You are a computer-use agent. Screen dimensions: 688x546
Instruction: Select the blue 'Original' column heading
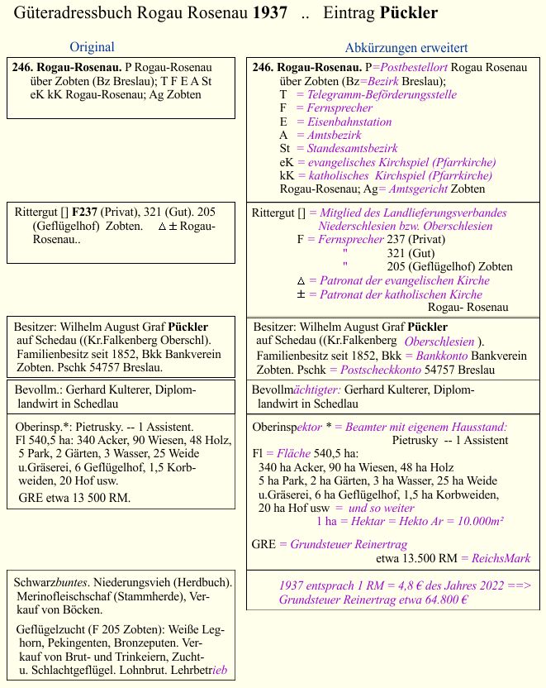(92, 47)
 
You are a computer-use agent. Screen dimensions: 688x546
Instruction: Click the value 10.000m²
(472, 522)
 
